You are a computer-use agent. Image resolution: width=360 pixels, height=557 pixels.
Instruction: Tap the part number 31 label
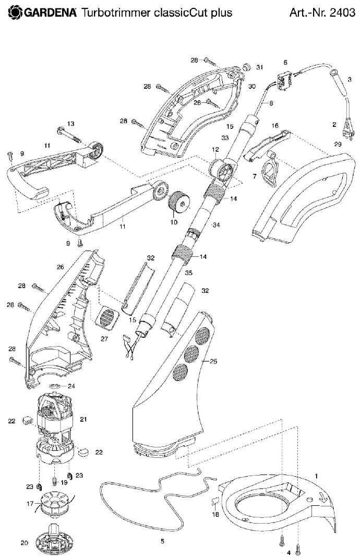point(260,67)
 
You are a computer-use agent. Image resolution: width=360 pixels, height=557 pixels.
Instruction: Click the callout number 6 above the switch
point(285,62)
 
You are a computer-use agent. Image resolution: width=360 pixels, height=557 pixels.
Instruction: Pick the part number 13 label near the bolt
point(71,124)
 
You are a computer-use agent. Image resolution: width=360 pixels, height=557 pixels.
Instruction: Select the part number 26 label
point(60,267)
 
